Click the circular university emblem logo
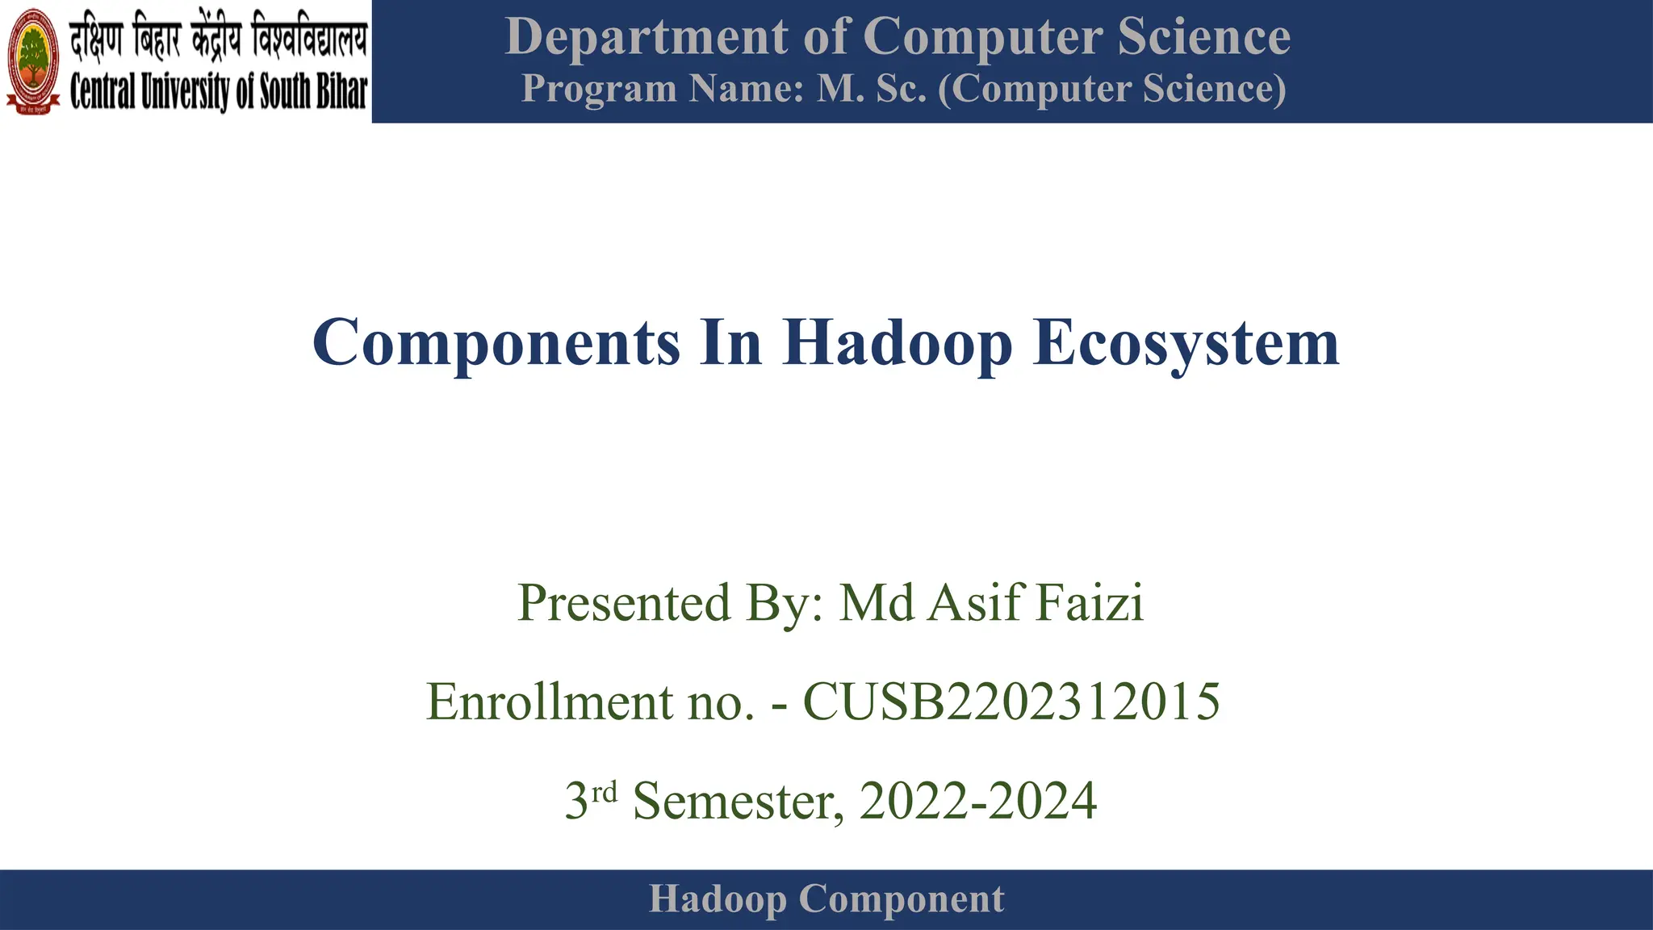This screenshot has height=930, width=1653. tap(33, 61)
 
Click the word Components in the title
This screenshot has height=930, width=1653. tap(496, 343)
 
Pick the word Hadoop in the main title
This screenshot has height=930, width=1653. tap(897, 343)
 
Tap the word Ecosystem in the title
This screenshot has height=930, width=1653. tap(1186, 343)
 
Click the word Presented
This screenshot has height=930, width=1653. tap(624, 603)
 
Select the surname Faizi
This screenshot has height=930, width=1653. tap(1090, 603)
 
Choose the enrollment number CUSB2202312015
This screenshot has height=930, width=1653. tap(1011, 702)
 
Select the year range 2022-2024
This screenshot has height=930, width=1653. tap(977, 801)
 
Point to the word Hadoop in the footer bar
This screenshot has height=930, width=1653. tap(718, 899)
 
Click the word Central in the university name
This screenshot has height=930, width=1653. tap(103, 91)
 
